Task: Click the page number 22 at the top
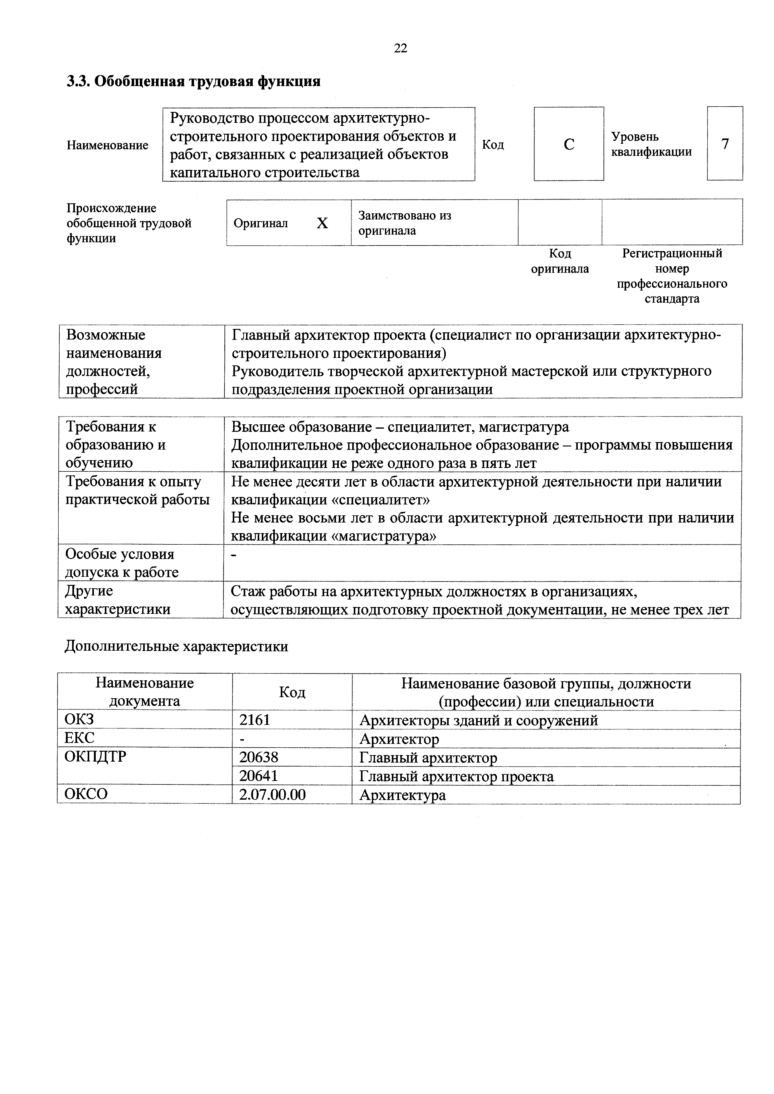pyautogui.click(x=400, y=48)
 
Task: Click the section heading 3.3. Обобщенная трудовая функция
pyautogui.click(x=193, y=81)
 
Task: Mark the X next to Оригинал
pyautogui.click(x=322, y=223)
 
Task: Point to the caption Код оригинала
pyautogui.click(x=560, y=261)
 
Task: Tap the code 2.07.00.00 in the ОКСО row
pyautogui.click(x=272, y=794)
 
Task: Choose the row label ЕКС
pyautogui.click(x=79, y=738)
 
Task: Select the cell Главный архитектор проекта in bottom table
pyautogui.click(x=456, y=777)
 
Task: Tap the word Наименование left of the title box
pyautogui.click(x=107, y=145)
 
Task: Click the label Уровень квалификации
pyautogui.click(x=651, y=144)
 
